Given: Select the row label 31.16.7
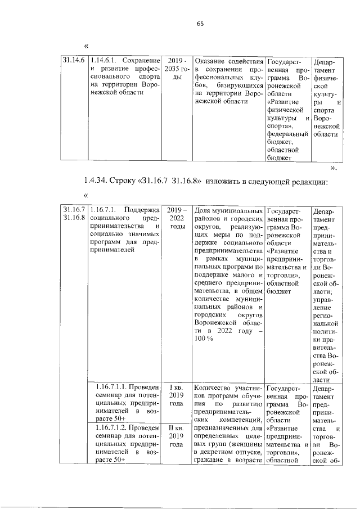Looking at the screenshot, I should coord(74,209).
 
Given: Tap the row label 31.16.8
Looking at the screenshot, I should coord(74,217).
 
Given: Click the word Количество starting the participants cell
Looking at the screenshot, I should coord(213,388).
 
